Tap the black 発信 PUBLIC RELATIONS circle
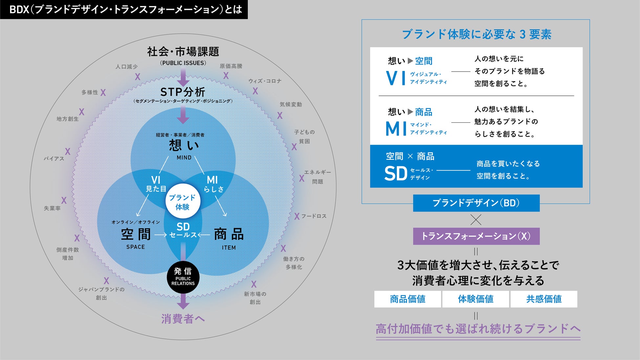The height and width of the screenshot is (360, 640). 183,277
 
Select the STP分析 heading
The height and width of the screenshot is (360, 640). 183,92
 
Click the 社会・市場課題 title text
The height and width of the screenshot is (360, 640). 183,52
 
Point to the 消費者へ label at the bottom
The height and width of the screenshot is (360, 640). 183,319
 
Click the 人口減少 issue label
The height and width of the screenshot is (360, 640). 126,67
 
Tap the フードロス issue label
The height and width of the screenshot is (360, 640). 314,216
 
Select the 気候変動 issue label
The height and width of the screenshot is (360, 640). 290,104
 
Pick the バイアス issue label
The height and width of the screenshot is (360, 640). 54,159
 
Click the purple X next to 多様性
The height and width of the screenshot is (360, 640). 103,93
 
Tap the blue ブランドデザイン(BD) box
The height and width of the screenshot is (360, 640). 476,203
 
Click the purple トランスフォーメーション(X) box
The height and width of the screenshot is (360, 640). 476,236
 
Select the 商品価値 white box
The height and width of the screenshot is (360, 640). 407,299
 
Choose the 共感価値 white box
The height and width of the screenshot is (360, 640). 544,299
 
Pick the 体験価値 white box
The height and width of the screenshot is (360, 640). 476,299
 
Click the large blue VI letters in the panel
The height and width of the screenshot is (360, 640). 396,78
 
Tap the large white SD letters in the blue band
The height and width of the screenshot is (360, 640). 395,173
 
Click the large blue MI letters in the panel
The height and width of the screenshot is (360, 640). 396,128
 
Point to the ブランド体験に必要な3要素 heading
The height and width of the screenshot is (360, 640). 476,34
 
